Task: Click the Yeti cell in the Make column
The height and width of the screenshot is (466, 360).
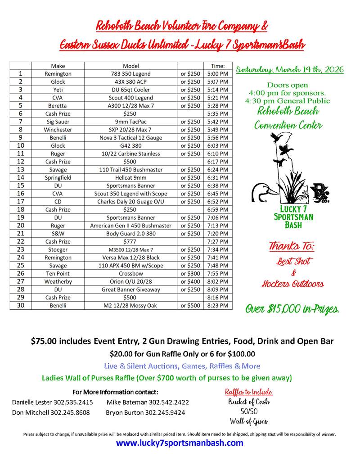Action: pos(58,90)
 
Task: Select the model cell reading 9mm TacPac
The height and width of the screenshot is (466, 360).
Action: pos(130,122)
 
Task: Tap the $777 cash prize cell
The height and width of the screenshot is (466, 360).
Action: pos(130,241)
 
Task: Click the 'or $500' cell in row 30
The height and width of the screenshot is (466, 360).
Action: pos(190,305)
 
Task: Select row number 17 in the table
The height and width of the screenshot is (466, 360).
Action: pos(21,201)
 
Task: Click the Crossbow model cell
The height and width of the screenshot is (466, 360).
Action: pos(130,273)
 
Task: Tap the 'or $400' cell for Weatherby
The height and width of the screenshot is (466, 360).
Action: pos(190,281)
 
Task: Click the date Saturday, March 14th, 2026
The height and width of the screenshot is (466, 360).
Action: pos(290,70)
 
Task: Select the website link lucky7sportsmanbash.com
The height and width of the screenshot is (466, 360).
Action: pos(180,443)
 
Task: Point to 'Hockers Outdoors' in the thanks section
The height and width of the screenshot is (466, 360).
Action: pos(292,284)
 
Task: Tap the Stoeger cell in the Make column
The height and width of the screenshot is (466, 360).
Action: pos(58,249)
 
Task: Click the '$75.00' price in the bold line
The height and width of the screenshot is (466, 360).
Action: pos(45,341)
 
